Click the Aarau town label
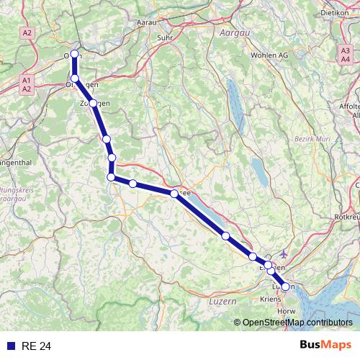pyautogui.click(x=147, y=23)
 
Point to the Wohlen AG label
pyautogui.click(x=269, y=55)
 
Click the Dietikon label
pyautogui.click(x=334, y=12)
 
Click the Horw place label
pyautogui.click(x=286, y=311)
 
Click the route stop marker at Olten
pyautogui.click(x=75, y=54)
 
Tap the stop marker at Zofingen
pyautogui.click(x=93, y=103)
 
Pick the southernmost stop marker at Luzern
pyautogui.click(x=285, y=287)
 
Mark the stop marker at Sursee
pyautogui.click(x=174, y=194)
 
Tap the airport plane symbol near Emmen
pyautogui.click(x=285, y=253)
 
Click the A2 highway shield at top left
pyautogui.click(x=28, y=33)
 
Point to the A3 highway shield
pyautogui.click(x=346, y=50)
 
